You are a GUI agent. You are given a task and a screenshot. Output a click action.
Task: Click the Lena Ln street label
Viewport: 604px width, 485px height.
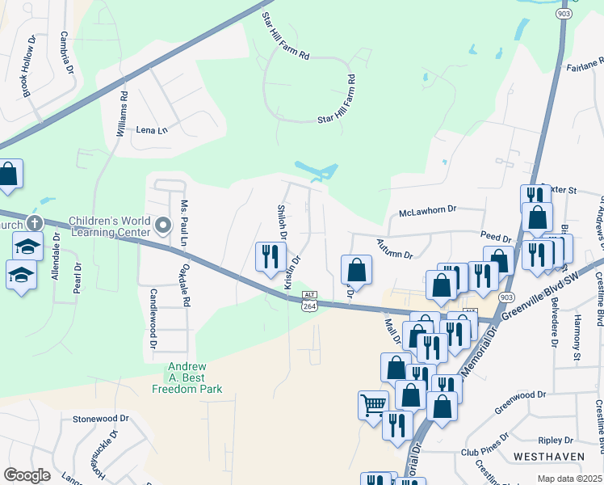tap(151, 129)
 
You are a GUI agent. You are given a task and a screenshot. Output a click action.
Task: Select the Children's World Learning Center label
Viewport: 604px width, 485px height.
tap(110, 226)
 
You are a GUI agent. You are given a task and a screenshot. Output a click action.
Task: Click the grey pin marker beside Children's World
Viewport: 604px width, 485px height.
tap(163, 226)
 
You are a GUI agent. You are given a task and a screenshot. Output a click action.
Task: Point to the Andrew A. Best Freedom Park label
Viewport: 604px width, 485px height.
tap(187, 377)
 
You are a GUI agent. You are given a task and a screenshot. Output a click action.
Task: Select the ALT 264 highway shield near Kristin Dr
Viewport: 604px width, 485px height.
tap(309, 300)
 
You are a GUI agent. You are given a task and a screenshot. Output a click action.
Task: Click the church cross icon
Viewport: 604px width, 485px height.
tap(34, 222)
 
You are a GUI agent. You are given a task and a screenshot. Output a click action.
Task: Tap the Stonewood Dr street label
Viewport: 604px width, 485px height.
tap(101, 419)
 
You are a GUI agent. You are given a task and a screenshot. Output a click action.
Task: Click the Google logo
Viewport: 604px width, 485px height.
tap(27, 475)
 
